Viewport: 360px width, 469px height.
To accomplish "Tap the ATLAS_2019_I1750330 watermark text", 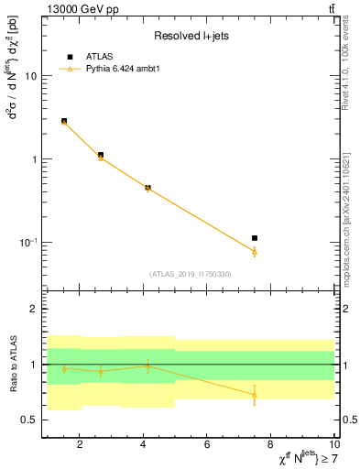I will (191, 274).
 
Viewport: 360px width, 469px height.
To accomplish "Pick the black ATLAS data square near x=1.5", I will (64, 121).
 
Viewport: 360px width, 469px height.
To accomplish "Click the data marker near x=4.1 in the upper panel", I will (147, 188).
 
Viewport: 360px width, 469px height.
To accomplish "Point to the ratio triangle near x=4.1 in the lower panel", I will (147, 365).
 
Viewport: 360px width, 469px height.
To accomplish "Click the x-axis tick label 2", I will (80, 445).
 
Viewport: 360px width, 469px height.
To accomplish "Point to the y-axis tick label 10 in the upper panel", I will (29, 76).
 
